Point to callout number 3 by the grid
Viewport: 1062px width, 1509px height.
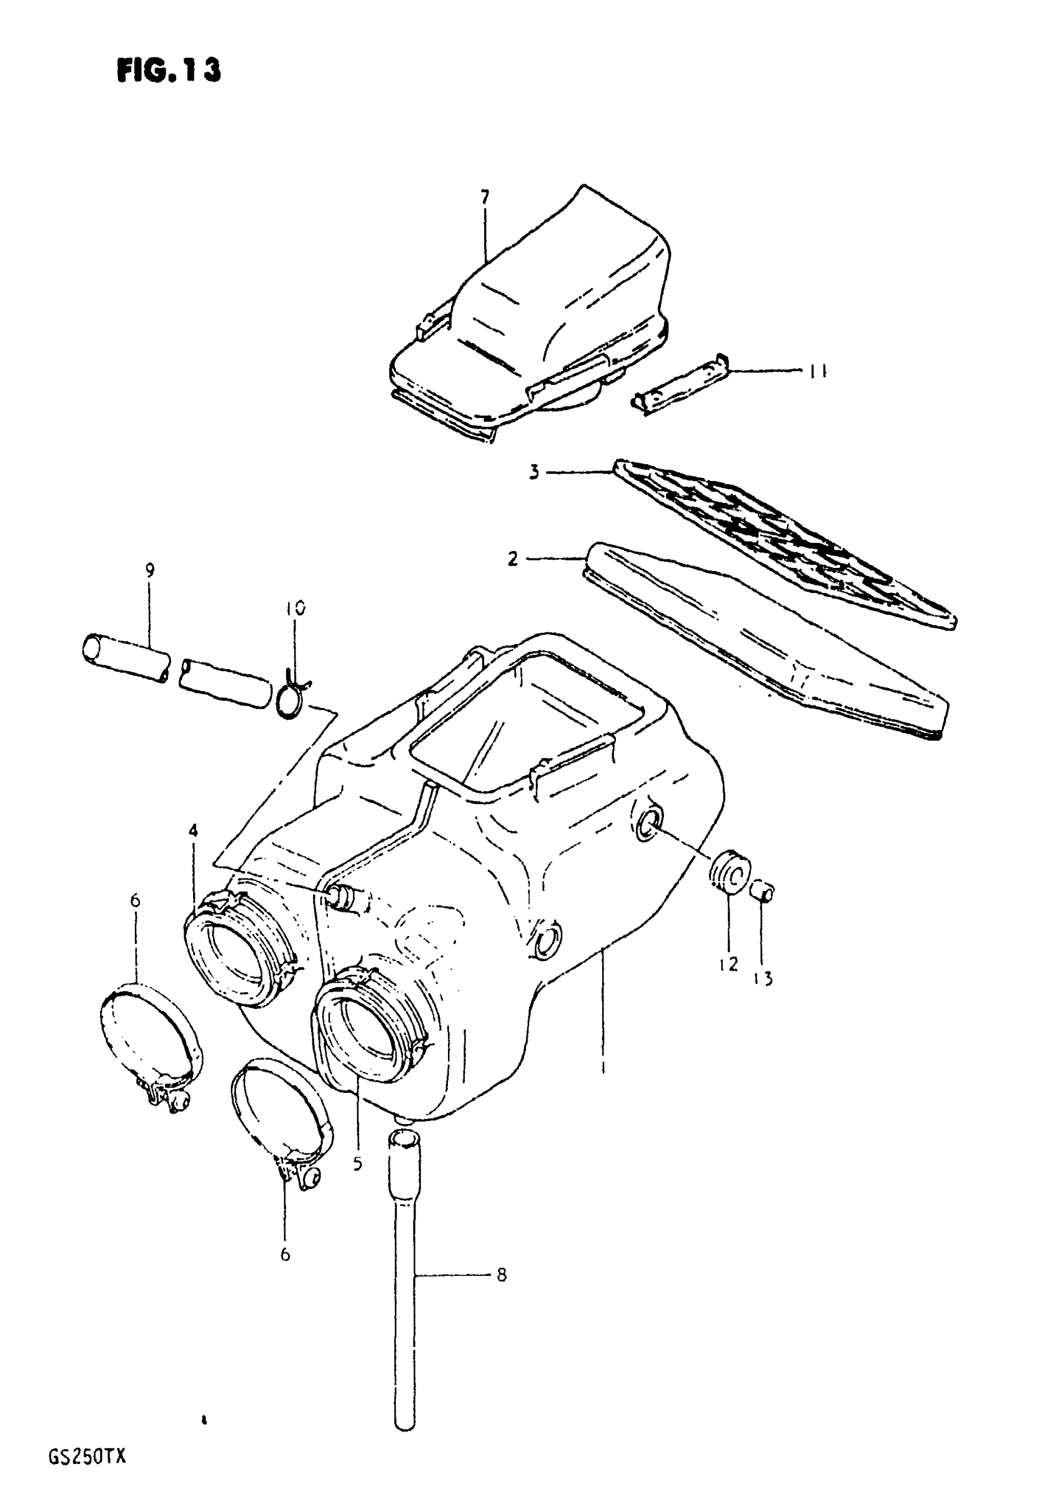tap(534, 472)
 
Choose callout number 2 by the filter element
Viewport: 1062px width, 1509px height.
tap(513, 559)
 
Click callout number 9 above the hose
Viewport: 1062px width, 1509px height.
tap(150, 570)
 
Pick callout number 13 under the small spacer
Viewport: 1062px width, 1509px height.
tap(763, 979)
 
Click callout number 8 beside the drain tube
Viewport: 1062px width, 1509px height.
tap(502, 1275)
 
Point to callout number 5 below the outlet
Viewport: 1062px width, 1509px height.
tap(357, 1163)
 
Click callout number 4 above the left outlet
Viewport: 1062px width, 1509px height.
tap(192, 831)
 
